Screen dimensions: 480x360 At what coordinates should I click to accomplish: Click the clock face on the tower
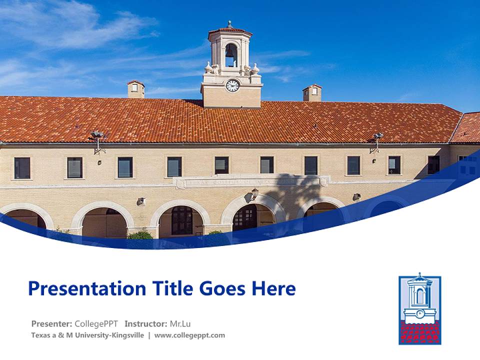click(x=232, y=85)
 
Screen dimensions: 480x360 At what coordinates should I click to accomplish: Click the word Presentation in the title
click(x=87, y=288)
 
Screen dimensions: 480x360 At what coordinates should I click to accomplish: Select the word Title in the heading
click(x=172, y=288)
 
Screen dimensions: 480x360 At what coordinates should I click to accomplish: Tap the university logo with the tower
click(x=420, y=308)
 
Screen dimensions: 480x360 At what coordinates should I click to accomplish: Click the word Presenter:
click(x=51, y=324)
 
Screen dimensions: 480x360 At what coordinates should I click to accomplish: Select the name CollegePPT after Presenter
click(x=96, y=324)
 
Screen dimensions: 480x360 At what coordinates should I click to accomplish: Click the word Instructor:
click(x=145, y=324)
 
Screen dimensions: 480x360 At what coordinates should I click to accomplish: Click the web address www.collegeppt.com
click(x=189, y=335)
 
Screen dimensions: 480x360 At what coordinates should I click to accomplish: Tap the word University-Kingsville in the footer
click(x=109, y=335)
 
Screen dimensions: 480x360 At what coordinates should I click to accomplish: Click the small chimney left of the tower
click(x=136, y=89)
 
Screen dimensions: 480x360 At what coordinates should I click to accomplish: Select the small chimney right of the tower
click(x=312, y=93)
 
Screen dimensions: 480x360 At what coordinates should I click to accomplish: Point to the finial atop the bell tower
click(x=230, y=24)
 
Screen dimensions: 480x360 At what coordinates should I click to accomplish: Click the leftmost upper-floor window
click(x=22, y=168)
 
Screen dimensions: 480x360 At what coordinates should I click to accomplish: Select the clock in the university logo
click(x=419, y=314)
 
